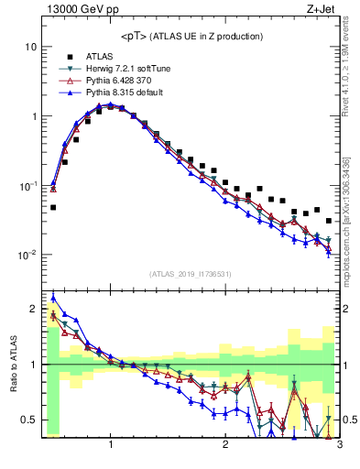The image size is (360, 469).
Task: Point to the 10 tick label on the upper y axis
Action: (30, 47)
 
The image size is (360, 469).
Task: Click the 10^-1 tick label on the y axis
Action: (27, 186)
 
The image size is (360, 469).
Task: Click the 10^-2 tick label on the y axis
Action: (27, 256)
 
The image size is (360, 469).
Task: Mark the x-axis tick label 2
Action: (225, 445)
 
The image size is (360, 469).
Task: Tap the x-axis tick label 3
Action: (339, 445)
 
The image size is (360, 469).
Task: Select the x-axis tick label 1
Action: (111, 445)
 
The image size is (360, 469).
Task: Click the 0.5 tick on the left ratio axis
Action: (29, 420)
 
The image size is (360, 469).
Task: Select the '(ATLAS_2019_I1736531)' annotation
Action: (191, 274)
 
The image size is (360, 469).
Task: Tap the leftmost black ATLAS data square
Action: (53, 207)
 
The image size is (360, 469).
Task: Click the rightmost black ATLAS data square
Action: (329, 221)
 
